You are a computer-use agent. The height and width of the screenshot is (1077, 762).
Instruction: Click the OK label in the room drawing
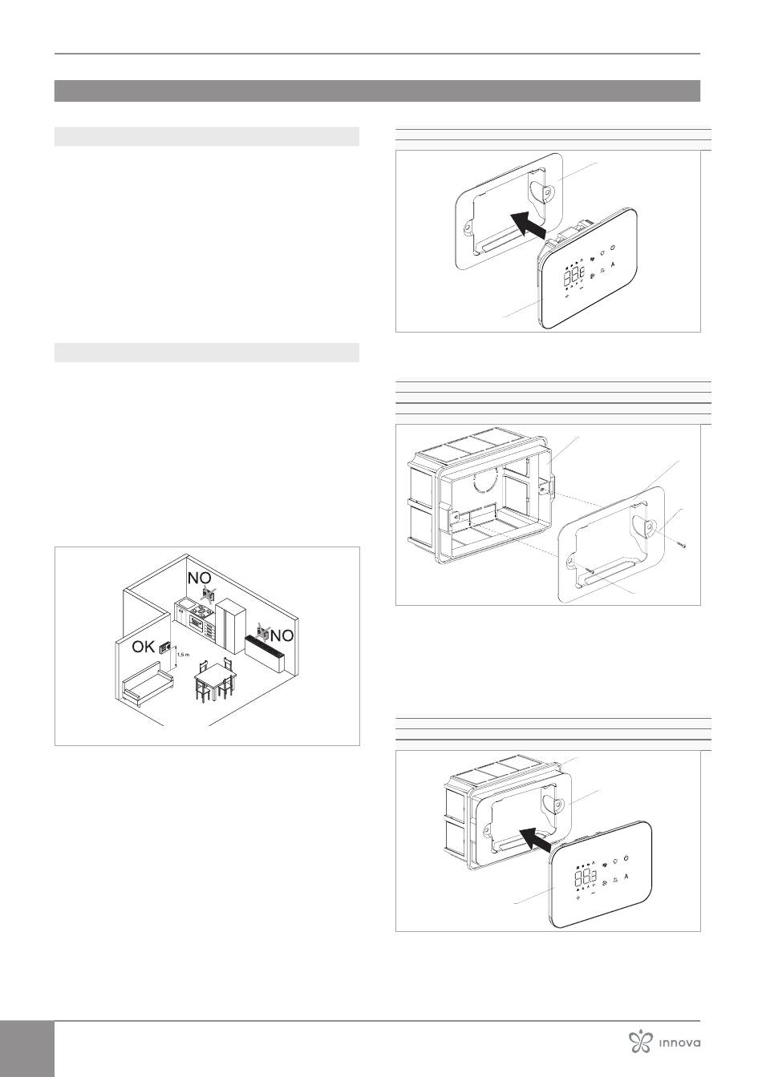click(144, 647)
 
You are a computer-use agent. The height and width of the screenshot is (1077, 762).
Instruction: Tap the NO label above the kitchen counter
click(199, 578)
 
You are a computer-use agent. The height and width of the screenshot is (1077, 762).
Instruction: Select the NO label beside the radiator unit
click(282, 636)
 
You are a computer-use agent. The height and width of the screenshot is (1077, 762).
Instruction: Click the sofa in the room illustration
click(148, 682)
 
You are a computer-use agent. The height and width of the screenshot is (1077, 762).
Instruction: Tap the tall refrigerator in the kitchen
click(231, 626)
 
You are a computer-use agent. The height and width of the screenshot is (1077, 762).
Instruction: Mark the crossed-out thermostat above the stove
click(209, 595)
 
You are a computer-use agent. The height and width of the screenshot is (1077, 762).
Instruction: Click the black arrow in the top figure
click(528, 225)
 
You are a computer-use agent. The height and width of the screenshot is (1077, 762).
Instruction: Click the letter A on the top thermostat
click(613, 264)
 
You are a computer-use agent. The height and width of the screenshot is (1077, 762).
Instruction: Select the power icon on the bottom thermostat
click(626, 858)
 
